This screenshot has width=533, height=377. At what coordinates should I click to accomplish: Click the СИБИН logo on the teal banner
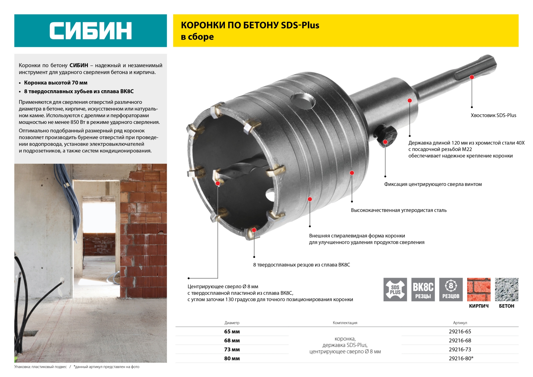pos(90,31)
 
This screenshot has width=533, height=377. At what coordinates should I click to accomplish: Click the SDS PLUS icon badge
pos(395,289)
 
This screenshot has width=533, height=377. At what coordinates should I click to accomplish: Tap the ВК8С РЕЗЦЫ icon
pos(423,289)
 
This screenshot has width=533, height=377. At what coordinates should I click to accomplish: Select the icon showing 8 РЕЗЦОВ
pos(451,289)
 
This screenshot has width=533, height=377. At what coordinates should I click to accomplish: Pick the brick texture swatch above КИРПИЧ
pos(479,289)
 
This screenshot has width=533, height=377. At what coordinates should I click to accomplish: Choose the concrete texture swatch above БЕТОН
pos(507,289)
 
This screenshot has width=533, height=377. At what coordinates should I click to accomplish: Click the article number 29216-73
pos(460,349)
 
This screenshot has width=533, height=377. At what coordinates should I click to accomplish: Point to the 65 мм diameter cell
pos(232,331)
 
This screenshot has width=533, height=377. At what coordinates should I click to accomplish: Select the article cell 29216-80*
pos(461,358)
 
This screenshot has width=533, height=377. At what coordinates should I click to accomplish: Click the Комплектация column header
pos(345,323)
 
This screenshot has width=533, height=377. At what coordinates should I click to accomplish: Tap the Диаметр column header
pos(232,323)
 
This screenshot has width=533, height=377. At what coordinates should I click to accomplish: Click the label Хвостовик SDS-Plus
pos(493,115)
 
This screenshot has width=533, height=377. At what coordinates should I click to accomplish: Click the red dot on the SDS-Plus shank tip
pos(472,77)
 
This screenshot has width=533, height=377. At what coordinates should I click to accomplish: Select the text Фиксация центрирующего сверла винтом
pos(433,184)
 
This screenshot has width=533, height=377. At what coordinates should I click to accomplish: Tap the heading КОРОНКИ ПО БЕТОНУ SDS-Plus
pos(250,25)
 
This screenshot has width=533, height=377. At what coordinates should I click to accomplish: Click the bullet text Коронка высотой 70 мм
pos(56,83)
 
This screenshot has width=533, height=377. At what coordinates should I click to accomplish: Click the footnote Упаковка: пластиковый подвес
pos(41,367)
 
